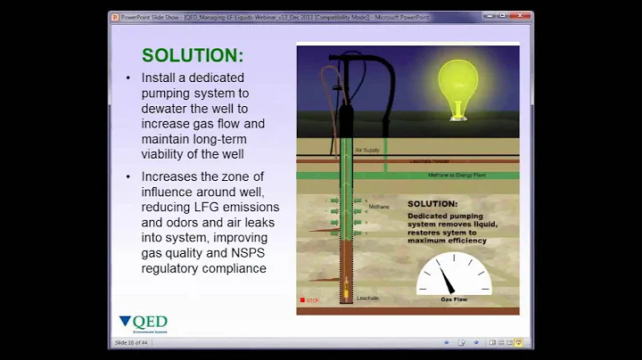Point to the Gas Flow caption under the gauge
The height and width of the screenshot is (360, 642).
(454, 299)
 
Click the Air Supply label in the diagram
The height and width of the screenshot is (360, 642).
(367, 151)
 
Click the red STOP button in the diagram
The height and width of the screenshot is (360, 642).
(303, 300)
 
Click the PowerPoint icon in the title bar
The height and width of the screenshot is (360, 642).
(115, 17)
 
